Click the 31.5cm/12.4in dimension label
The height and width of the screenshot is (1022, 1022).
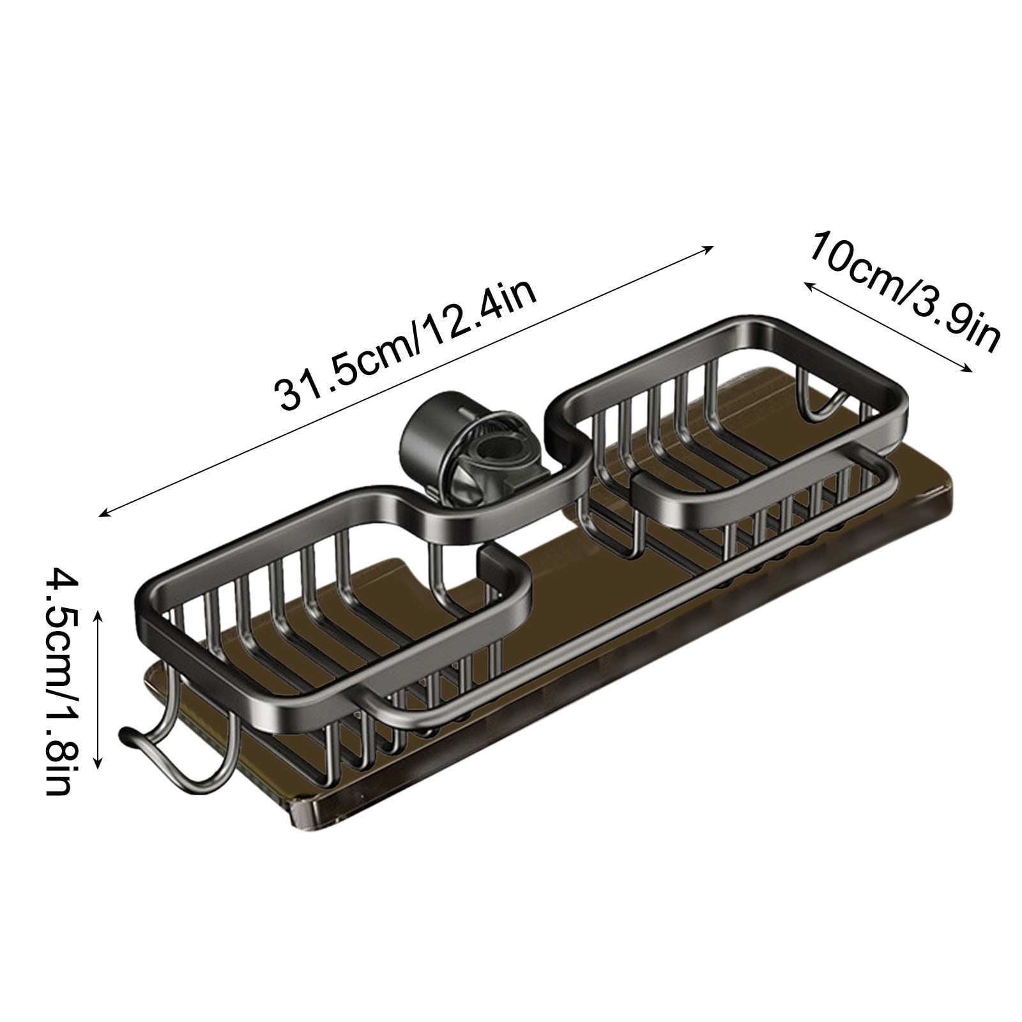(406, 348)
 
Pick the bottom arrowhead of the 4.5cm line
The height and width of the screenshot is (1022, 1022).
(98, 765)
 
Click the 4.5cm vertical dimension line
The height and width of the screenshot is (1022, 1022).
(98, 690)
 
